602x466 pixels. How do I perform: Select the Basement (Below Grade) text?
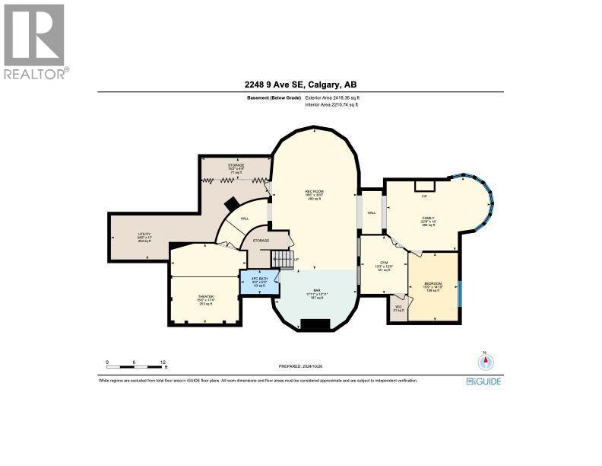pos(272,98)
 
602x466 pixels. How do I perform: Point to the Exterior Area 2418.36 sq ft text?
pos(331,98)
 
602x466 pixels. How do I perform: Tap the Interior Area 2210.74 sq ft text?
pos(331,105)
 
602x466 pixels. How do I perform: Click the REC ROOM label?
pos(315,192)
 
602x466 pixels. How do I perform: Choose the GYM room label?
pos(384,263)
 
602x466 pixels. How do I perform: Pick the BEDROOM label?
pos(433,285)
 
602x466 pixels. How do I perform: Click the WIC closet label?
pos(398,308)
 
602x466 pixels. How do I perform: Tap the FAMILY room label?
pos(429,219)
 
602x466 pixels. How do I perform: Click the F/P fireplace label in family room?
pos(424,196)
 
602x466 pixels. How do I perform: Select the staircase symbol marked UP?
pos(283,260)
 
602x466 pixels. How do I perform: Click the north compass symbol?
pos(481,362)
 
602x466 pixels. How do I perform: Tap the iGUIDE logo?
pos(483,381)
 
